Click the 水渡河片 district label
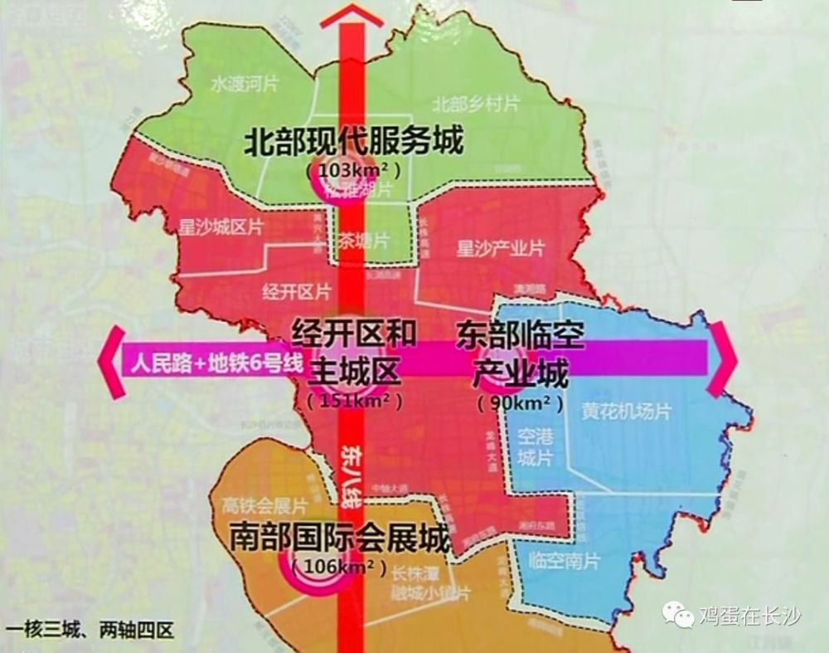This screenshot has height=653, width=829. pyautogui.click(x=245, y=85)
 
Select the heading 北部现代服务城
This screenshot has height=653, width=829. pyautogui.click(x=352, y=142)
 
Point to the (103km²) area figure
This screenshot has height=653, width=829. pyautogui.click(x=352, y=169)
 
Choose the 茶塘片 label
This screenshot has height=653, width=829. pyautogui.click(x=363, y=241)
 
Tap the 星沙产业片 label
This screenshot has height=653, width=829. pyautogui.click(x=501, y=248)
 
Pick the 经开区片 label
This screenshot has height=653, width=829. pyautogui.click(x=296, y=291)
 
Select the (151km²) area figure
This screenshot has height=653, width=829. pyautogui.click(x=354, y=401)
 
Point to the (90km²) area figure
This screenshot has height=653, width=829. pyautogui.click(x=520, y=404)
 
